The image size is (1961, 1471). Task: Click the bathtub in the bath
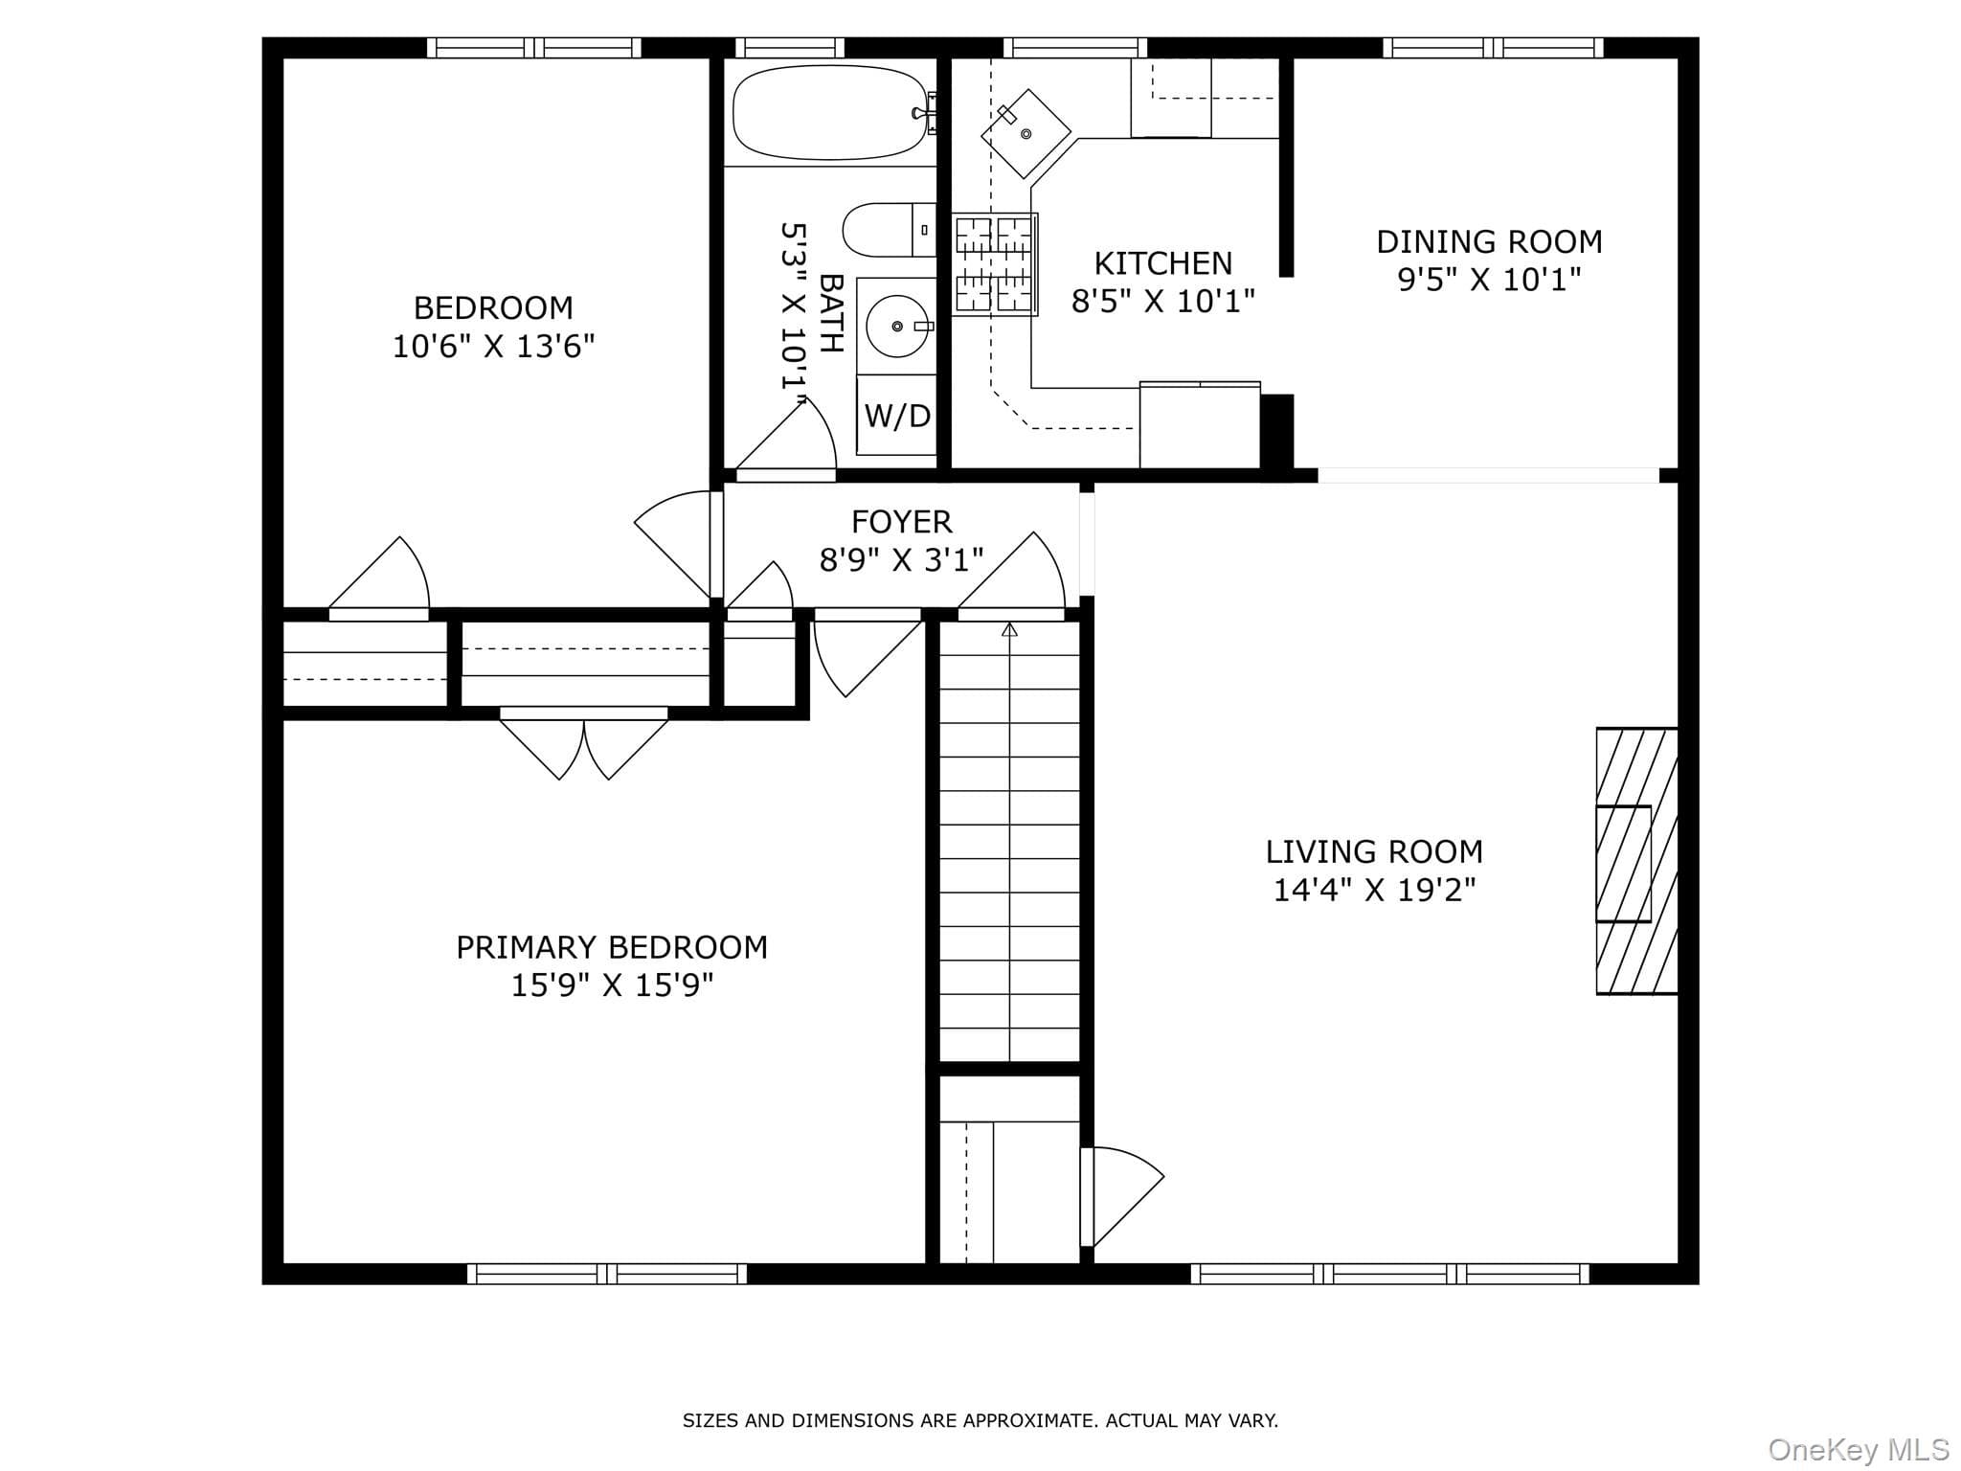point(829,112)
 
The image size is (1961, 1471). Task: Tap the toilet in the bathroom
point(889,230)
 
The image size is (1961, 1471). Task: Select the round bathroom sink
point(897,327)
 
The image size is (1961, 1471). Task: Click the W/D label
point(897,416)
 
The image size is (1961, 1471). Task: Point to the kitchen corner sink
point(1026,133)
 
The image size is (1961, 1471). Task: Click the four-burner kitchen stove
point(995,264)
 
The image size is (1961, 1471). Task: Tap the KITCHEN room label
point(1162,263)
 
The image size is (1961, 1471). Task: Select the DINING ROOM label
point(1489,241)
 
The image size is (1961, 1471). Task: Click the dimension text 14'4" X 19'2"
point(1374,890)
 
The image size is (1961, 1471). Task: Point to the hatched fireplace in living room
point(1636,861)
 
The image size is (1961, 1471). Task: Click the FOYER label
point(902,522)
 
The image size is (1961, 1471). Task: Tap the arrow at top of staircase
point(1009,629)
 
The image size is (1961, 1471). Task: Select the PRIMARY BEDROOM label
point(612,947)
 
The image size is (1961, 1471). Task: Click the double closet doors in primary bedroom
point(584,745)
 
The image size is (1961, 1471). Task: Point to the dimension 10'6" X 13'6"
point(494,346)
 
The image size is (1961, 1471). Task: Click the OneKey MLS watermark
point(1859,1449)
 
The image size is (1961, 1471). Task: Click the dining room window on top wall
point(1493,48)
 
